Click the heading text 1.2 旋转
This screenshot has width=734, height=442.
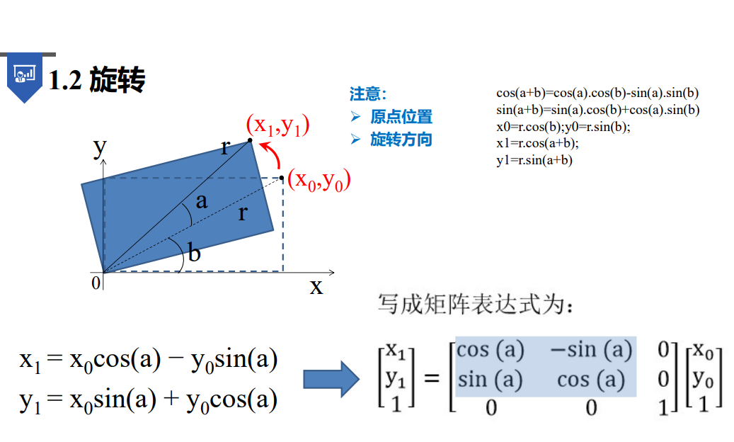pos(97,81)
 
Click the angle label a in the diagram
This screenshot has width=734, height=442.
pos(202,201)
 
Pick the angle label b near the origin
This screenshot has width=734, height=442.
pos(193,253)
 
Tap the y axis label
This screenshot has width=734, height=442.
pos(100,147)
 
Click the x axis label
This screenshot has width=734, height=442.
pos(316,287)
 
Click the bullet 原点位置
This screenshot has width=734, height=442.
pos(401,117)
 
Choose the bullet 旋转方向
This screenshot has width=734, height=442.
pos(401,139)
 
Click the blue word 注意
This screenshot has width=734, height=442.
pos(367,93)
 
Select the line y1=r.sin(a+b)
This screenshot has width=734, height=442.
pos(534,160)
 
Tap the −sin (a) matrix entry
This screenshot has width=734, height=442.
pos(590,351)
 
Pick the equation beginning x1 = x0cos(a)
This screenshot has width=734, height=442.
pos(148,360)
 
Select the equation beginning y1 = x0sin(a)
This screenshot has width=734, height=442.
pos(148,400)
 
